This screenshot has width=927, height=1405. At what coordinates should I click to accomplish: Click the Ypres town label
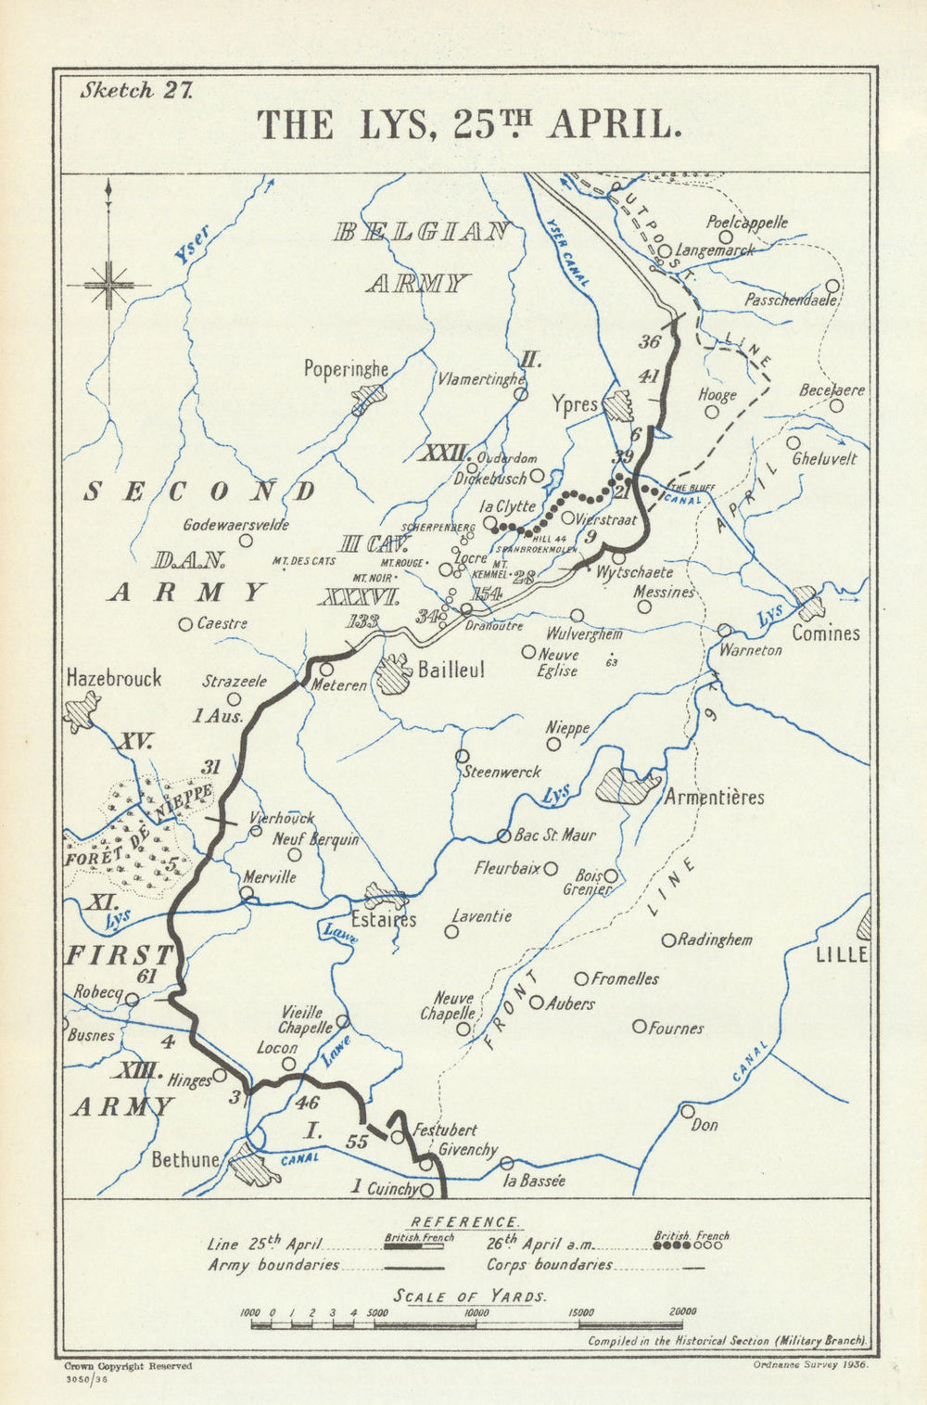coord(574,404)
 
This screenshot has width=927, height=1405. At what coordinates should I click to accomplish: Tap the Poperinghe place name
coord(346,369)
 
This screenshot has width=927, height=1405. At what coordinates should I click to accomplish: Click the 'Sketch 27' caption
coord(136,91)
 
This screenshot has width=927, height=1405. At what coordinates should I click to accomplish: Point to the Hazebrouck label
coord(114,678)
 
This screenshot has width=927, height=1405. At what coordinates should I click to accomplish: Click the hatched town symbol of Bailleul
coord(394,670)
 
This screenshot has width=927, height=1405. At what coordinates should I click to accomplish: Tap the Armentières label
coord(715,798)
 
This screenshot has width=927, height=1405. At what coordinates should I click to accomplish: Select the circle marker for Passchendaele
coord(832,286)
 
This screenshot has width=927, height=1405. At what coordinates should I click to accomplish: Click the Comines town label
coord(825,633)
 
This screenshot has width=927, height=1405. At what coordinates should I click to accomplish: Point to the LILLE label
coord(842,955)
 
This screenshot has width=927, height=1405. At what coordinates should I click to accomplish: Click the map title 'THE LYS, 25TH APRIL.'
coord(469,125)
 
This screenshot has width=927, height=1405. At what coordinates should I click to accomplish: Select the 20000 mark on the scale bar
coord(682,1312)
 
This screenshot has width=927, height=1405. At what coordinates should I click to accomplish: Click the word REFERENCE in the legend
coord(464,1222)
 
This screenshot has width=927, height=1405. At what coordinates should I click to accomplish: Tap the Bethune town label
coord(185,1159)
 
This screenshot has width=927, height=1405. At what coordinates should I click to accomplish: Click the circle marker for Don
coord(688,1110)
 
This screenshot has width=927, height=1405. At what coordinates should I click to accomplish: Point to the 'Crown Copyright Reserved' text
coord(127,1366)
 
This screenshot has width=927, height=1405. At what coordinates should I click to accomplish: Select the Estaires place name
coord(384,920)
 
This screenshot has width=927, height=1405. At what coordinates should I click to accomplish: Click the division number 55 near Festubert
coord(357,1143)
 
